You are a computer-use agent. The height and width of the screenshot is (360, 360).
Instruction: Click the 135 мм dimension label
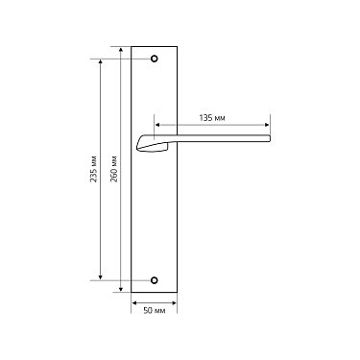[x=211, y=117]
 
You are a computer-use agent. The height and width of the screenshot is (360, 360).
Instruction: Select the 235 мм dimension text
[x=93, y=169]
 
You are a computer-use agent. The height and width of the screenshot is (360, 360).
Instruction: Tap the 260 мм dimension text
[x=115, y=169]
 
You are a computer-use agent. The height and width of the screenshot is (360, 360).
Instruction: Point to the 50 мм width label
[x=154, y=311]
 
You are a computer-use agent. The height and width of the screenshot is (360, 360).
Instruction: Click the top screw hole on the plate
[x=154, y=59]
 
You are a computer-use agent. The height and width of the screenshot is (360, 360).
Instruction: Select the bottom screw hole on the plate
[x=154, y=280]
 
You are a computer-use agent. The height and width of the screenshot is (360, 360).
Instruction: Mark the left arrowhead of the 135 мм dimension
[x=156, y=125]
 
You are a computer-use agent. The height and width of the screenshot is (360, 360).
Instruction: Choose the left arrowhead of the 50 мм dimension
[x=132, y=301]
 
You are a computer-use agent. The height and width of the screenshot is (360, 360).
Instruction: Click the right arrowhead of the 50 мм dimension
[x=176, y=301]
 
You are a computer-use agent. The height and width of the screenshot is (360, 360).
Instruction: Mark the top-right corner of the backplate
[x=177, y=46]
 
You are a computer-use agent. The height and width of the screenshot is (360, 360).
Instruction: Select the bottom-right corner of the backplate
[x=177, y=293]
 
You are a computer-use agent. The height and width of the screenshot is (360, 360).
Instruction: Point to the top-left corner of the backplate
[x=132, y=46]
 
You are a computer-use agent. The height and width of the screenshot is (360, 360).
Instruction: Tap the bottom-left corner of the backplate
[x=132, y=293]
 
